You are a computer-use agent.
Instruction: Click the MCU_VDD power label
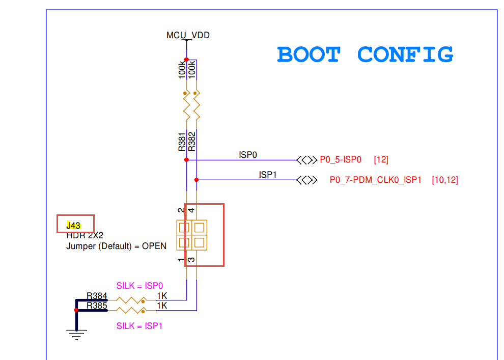tap(188, 36)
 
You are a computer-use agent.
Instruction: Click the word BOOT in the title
tap(309, 54)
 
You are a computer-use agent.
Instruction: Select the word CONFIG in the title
tap(405, 54)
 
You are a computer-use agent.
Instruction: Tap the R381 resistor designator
tap(182, 142)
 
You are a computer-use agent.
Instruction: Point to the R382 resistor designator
tap(192, 142)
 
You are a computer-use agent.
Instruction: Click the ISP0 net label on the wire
tap(248, 154)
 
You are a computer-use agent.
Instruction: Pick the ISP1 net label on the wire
tap(268, 175)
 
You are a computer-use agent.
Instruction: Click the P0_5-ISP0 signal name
tap(341, 160)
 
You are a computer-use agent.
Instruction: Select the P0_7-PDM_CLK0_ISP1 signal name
tap(376, 180)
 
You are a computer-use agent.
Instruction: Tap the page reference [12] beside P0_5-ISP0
tap(381, 160)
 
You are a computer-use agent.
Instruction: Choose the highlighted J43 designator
tap(74, 225)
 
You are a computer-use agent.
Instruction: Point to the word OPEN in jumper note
tap(154, 246)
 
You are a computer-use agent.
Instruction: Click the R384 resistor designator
tap(97, 296)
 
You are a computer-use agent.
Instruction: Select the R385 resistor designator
tap(97, 306)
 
